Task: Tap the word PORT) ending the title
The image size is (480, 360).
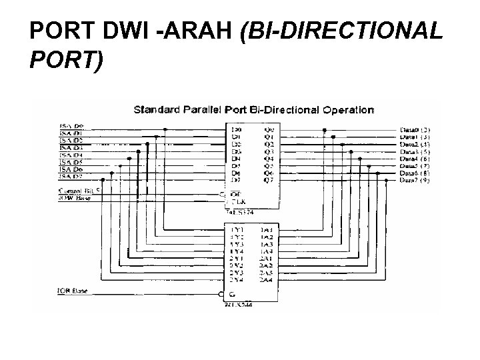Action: pos(67,61)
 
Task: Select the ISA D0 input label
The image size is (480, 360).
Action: pos(72,127)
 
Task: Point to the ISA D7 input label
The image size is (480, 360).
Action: pos(72,177)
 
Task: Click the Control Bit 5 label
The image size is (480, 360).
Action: pos(79,191)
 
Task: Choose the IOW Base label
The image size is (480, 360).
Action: pos(75,197)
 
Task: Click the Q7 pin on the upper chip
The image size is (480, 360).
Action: pos(268,180)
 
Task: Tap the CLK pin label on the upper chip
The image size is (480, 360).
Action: pos(235,202)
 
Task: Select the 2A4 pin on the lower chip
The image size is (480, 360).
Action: pos(265,279)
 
